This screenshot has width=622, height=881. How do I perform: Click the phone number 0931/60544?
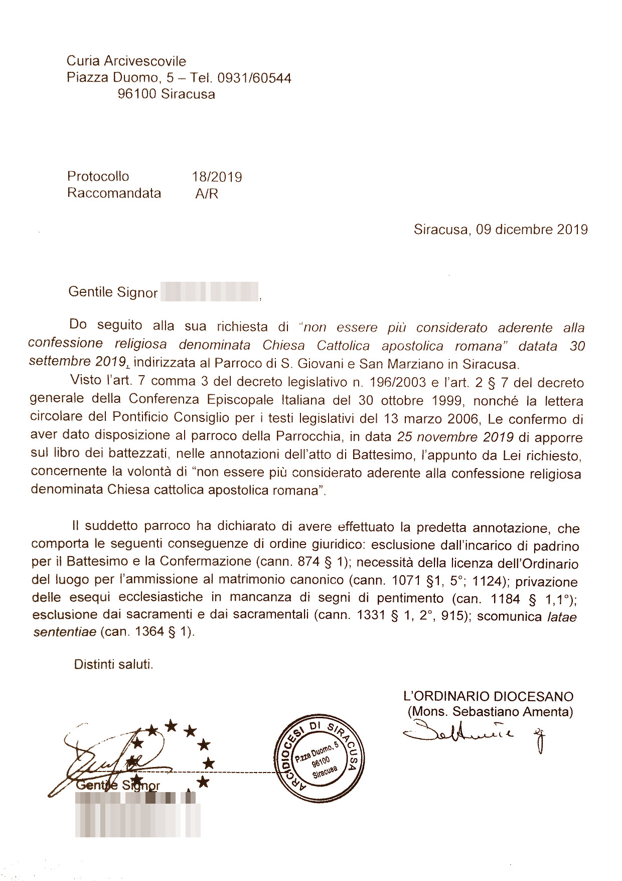pyautogui.click(x=254, y=78)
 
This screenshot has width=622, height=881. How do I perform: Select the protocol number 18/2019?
pyautogui.click(x=217, y=177)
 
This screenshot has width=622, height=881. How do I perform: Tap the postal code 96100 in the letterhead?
pyautogui.click(x=137, y=94)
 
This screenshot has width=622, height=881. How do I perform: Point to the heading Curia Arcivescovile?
pyautogui.click(x=126, y=61)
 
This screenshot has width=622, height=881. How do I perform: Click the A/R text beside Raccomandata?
pyautogui.click(x=207, y=194)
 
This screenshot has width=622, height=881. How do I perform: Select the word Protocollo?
pyautogui.click(x=98, y=176)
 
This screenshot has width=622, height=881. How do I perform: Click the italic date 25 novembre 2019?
pyautogui.click(x=455, y=436)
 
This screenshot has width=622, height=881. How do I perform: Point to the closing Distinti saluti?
pyautogui.click(x=113, y=664)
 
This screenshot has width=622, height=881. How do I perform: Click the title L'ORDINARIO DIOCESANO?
pyautogui.click(x=488, y=696)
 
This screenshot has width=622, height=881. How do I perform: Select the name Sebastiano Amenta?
pyautogui.click(x=511, y=711)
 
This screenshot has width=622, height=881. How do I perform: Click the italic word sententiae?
pyautogui.click(x=64, y=632)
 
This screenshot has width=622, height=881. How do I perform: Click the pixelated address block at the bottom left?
pyautogui.click(x=138, y=814)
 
